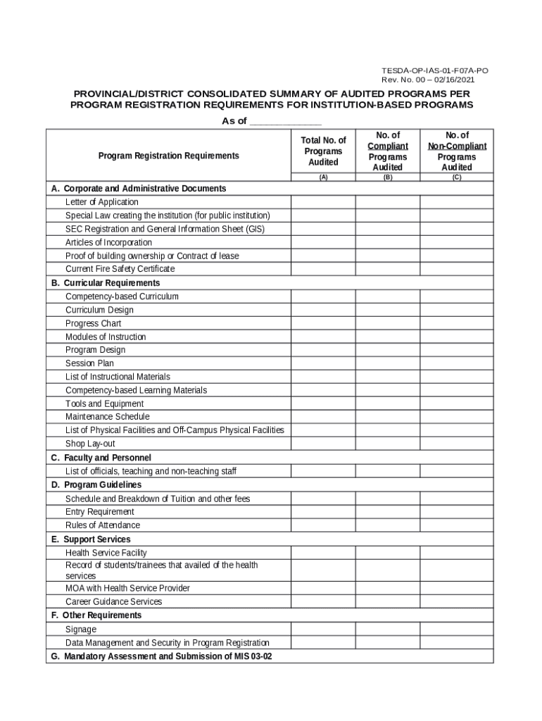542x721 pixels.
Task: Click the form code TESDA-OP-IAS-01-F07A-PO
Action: tap(434, 71)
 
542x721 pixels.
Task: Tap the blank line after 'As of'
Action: tap(286, 122)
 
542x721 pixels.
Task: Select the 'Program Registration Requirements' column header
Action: tap(168, 156)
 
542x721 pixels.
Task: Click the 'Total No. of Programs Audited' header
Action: tap(323, 151)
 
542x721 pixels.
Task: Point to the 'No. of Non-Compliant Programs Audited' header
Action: tap(457, 151)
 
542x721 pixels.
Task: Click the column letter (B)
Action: tap(387, 177)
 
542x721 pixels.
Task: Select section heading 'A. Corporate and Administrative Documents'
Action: tap(139, 189)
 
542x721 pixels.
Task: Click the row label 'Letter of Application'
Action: tap(102, 202)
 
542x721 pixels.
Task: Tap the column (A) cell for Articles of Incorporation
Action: tap(323, 243)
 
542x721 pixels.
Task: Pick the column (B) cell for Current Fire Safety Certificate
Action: tap(387, 269)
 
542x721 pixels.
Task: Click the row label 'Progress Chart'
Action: tap(93, 323)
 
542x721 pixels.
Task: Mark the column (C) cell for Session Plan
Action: tap(457, 363)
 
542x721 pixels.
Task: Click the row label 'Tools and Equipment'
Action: tap(104, 403)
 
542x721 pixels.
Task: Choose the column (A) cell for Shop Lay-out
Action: tap(323, 444)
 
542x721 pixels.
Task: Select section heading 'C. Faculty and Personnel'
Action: tap(101, 458)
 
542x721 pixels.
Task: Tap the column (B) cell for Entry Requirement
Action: tap(387, 512)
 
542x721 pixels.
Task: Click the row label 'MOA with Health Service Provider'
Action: tap(127, 588)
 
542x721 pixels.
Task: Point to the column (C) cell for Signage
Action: tap(457, 629)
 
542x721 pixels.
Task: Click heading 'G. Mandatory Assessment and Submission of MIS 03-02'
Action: tap(161, 656)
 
